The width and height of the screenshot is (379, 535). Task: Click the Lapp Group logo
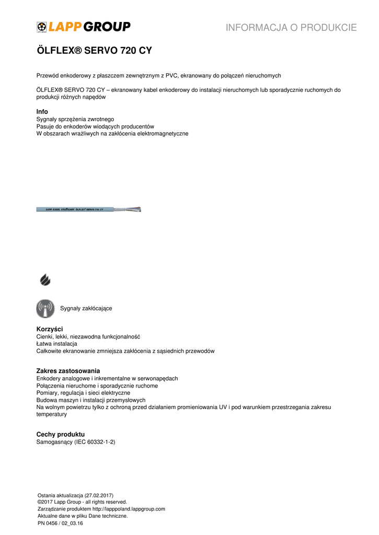click(x=83, y=27)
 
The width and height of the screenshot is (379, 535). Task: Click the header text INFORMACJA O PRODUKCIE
click(x=291, y=28)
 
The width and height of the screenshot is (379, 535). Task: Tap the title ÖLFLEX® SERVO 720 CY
click(x=94, y=51)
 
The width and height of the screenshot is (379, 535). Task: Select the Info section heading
click(x=42, y=112)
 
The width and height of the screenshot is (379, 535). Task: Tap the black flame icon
click(x=45, y=280)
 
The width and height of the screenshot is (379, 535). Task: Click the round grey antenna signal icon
click(x=45, y=308)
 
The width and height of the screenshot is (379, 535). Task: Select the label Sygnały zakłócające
click(x=86, y=308)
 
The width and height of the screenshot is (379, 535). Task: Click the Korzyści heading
click(x=49, y=329)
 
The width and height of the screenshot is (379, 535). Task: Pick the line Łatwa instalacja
click(x=56, y=344)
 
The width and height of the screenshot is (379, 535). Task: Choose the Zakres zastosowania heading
click(x=68, y=371)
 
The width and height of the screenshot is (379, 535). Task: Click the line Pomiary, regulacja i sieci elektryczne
click(x=83, y=393)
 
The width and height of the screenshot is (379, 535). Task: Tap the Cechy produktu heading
click(x=60, y=435)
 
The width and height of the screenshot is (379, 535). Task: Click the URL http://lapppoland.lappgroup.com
click(x=129, y=509)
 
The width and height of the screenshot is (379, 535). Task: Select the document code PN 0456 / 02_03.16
click(x=60, y=522)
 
